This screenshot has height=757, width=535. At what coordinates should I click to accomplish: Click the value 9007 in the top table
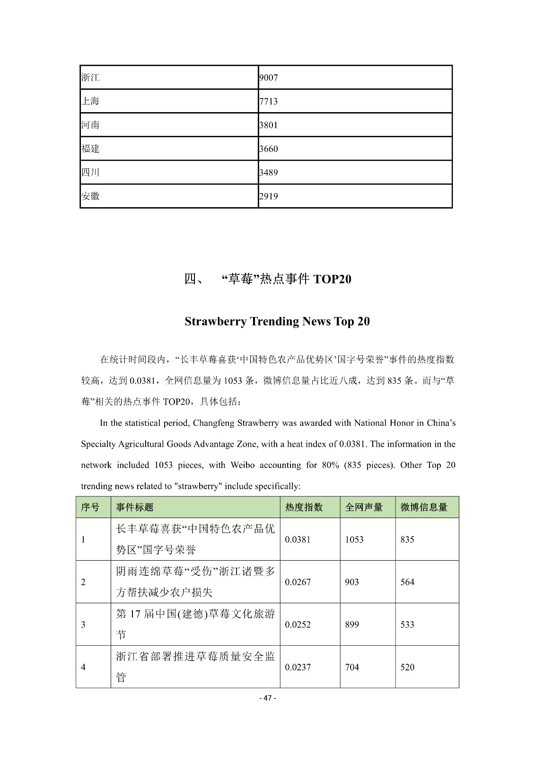268,78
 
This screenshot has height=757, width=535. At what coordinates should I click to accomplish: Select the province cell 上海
90,101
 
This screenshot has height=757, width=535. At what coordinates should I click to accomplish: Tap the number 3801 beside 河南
268,125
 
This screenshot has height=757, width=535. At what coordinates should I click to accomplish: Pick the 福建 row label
90,149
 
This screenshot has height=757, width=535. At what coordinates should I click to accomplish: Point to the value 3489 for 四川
268,172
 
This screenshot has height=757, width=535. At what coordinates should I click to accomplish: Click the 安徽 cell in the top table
90,196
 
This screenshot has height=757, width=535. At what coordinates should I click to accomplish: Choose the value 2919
268,196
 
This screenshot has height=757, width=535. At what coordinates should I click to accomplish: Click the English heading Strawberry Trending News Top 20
277,321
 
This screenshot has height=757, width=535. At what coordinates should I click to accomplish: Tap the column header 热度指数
304,507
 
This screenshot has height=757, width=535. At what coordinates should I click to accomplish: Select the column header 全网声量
364,507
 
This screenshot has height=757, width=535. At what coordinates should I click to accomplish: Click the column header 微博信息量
424,507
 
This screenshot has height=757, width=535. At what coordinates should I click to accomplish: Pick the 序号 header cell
90,507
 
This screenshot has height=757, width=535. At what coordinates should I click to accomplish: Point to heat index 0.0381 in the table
298,539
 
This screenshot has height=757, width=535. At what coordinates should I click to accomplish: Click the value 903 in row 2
352,582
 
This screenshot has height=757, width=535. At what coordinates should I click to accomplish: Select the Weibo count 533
407,625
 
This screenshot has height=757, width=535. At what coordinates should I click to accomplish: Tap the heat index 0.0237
298,667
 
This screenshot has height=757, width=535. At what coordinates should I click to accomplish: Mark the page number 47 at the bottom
268,698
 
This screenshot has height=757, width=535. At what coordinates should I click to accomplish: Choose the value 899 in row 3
352,625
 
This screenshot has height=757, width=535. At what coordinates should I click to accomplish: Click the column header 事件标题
135,507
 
